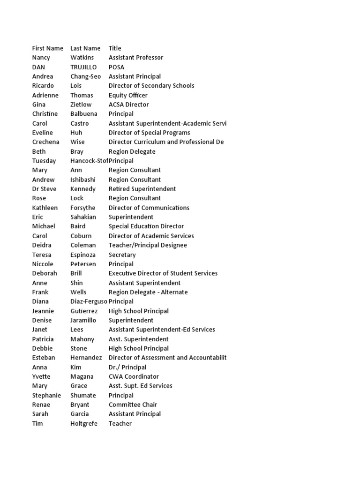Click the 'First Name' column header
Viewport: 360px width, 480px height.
(48, 48)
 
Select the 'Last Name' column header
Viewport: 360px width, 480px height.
(85, 48)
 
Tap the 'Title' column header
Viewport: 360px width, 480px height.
(115, 48)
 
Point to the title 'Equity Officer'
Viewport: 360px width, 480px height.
(128, 95)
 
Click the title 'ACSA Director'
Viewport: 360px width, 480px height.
(129, 105)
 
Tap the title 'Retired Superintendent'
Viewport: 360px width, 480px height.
(142, 189)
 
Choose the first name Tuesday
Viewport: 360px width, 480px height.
(44, 161)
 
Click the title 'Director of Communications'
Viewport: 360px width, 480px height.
(149, 208)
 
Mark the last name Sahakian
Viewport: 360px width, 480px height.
(83, 217)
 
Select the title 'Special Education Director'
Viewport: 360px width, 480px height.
(146, 226)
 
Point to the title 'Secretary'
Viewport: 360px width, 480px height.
(122, 255)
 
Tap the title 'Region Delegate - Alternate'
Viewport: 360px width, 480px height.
(148, 292)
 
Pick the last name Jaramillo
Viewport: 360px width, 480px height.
(83, 320)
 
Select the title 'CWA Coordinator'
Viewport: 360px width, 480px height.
(134, 376)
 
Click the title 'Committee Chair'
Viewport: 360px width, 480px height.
(133, 405)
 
